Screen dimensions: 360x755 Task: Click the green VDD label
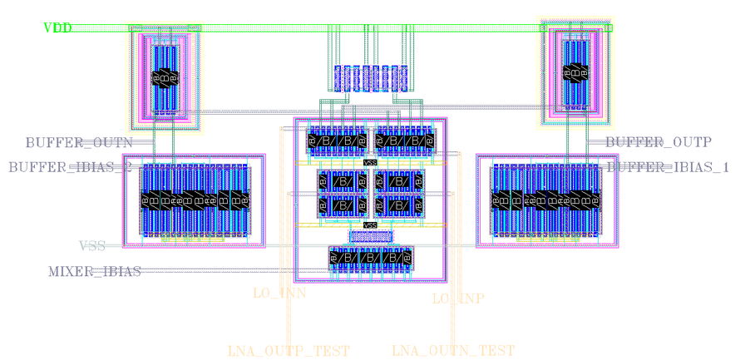point(57,28)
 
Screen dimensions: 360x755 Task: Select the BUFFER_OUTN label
point(79,143)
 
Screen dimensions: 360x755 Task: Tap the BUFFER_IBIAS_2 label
point(71,167)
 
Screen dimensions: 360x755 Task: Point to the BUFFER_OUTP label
point(658,142)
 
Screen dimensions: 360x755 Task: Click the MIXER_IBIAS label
point(94,272)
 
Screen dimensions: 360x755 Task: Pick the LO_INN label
point(279,293)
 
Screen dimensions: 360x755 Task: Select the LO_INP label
point(458,298)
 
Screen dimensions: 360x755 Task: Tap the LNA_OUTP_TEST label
point(289,351)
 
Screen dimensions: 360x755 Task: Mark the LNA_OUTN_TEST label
point(453,351)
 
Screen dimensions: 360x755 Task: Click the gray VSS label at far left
point(92,246)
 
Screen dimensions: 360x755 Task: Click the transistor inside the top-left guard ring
point(165,77)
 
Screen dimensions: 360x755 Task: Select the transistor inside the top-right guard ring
point(577,73)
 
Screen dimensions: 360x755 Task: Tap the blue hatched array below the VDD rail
point(368,79)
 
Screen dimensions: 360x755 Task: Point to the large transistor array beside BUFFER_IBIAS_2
point(194,200)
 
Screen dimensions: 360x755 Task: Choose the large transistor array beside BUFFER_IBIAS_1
point(545,200)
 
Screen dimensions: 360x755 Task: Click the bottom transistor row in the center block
point(371,259)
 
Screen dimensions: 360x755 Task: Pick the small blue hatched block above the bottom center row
point(371,237)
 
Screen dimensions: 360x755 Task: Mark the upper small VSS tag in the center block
point(371,162)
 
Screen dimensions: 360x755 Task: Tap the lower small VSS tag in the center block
point(371,225)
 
